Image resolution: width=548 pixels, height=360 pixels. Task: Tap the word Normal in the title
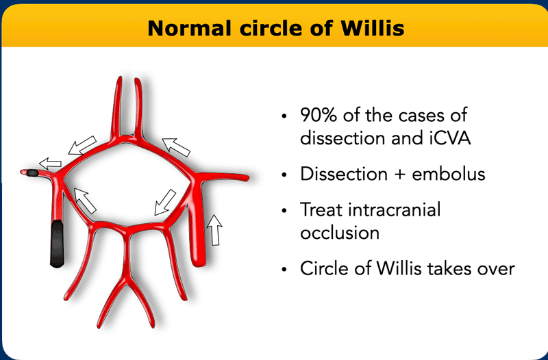(x=189, y=28)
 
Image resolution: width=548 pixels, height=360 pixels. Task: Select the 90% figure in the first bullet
(x=319, y=115)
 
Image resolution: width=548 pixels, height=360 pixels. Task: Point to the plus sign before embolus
(x=400, y=175)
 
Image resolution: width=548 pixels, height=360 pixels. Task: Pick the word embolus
(x=449, y=174)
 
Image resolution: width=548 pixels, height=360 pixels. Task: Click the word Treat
(x=321, y=210)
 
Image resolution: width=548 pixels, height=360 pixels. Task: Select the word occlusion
(x=340, y=232)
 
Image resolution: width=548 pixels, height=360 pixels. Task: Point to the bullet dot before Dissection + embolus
(x=284, y=175)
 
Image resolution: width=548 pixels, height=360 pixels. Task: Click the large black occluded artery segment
(x=57, y=244)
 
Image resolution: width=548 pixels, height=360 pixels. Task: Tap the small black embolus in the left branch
(x=32, y=172)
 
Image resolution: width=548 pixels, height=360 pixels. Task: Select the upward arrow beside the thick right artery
(x=214, y=230)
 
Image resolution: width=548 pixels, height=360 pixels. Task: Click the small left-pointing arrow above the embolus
(x=50, y=163)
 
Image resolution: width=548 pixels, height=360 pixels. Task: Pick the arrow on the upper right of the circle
(x=176, y=147)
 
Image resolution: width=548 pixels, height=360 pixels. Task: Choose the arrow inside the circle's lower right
(x=165, y=203)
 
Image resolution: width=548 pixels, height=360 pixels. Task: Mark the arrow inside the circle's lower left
(x=85, y=201)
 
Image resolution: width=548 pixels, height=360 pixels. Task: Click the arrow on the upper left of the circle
(x=82, y=145)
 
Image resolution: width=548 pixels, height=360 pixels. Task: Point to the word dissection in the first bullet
(x=342, y=138)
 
